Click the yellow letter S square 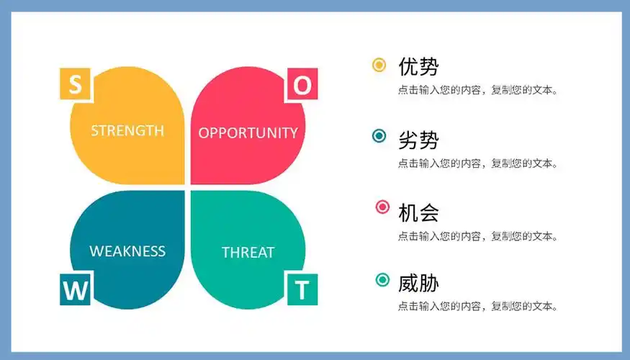(74, 85)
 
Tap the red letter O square (303, 86)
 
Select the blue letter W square (75, 291)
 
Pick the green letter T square (302, 291)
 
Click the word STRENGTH (127, 130)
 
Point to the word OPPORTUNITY (248, 132)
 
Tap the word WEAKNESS (127, 251)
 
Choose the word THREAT (248, 252)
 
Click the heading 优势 (418, 67)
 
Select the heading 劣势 (418, 140)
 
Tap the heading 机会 (418, 212)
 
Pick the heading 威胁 (418, 283)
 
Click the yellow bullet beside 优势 (379, 65)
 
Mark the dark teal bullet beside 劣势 (379, 136)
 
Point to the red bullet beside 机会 (382, 207)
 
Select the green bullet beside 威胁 (382, 279)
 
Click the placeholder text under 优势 (478, 91)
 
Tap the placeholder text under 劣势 (478, 163)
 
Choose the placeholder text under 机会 (478, 235)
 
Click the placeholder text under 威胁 (478, 307)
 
